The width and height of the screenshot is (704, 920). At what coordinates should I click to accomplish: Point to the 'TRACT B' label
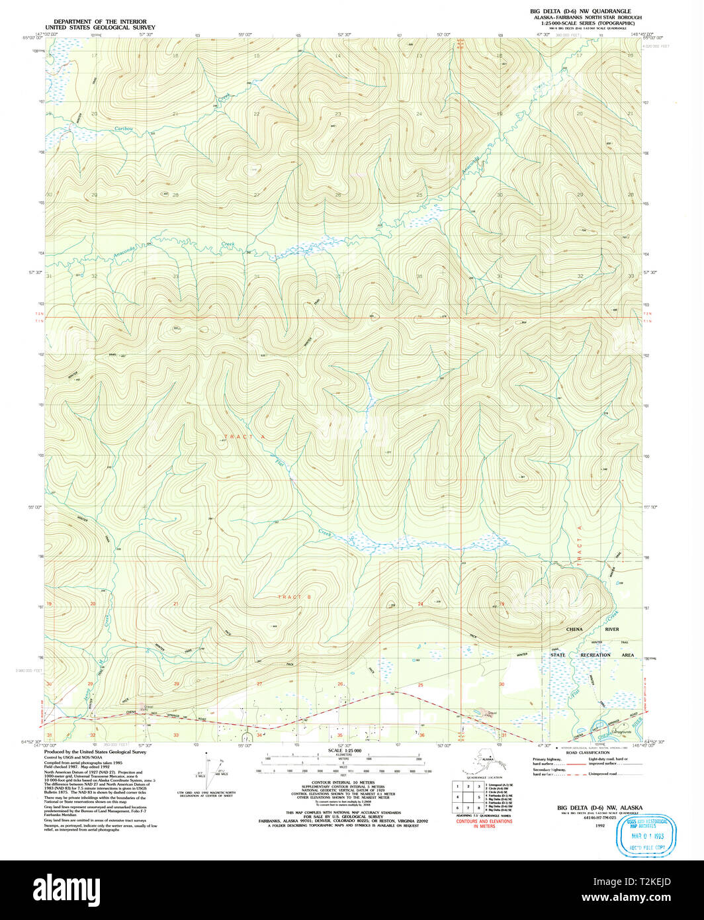click(294, 597)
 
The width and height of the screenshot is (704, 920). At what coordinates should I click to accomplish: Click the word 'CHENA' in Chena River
click(576, 629)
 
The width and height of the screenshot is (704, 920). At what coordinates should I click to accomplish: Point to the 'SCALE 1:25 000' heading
click(343, 751)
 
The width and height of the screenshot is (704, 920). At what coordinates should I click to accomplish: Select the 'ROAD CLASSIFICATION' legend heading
click(587, 753)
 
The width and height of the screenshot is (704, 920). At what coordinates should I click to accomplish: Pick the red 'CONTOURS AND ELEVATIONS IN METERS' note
click(484, 824)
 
